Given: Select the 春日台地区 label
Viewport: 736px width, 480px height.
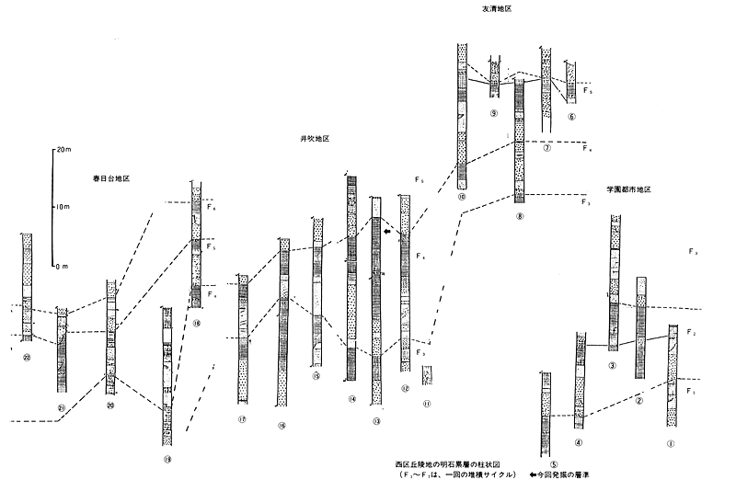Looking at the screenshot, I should pos(110,175).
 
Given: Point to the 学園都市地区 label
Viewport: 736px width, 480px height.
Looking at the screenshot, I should pos(629,189).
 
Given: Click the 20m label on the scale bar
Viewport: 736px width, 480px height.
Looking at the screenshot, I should pos(64,147).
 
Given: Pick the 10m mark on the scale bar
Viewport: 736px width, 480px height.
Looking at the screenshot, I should pos(64,208).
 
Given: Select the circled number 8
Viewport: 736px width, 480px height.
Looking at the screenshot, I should pos(521,217).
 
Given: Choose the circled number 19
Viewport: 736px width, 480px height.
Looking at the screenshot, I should pos(167,459).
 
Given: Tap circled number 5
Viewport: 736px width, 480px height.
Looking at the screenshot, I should pos(545,465).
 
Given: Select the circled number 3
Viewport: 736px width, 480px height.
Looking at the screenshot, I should pos(612,366).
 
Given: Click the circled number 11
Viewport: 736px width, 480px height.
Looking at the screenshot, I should pos(427,402).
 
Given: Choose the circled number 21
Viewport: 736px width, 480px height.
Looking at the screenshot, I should pos(63,407).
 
